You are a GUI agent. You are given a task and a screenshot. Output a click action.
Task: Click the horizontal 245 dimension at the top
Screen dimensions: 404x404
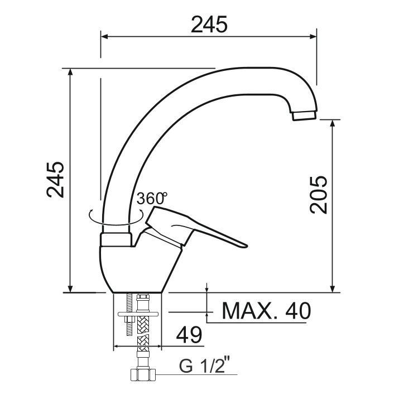pyautogui.click(x=209, y=25)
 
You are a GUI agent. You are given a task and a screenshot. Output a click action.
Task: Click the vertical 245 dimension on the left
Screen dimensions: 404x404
pyautogui.click(x=55, y=180)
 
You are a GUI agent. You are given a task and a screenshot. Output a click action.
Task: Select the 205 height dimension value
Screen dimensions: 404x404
pyautogui.click(x=318, y=195)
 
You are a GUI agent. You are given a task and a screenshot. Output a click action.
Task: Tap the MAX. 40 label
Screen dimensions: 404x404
pyautogui.click(x=266, y=311)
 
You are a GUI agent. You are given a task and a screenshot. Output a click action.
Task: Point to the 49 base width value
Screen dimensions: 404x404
pyautogui.click(x=189, y=335)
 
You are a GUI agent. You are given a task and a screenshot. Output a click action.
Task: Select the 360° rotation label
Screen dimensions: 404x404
pyautogui.click(x=152, y=198)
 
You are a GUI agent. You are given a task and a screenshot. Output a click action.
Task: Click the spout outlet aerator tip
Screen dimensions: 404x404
pyautogui.click(x=304, y=115)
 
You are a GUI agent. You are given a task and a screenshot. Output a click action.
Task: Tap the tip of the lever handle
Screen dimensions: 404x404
pyautogui.click(x=246, y=246)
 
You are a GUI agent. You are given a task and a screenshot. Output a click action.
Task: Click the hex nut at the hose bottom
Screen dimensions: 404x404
pyautogui.click(x=143, y=375)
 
